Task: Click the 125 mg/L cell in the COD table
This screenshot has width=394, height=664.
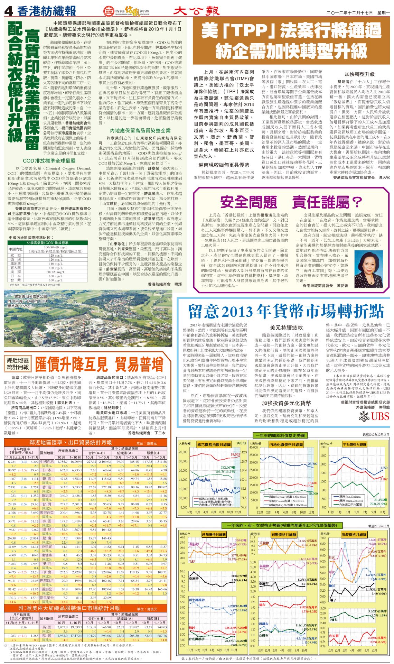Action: tap(56, 256)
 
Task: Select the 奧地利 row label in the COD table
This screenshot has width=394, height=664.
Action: tap(16, 264)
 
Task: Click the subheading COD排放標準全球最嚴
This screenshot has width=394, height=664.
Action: tap(49, 161)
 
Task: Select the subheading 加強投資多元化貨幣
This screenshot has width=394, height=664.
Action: tap(286, 403)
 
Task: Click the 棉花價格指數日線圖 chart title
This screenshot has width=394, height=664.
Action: tap(214, 444)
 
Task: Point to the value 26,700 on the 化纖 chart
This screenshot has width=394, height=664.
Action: tap(312, 464)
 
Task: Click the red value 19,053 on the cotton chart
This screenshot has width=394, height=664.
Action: tap(235, 454)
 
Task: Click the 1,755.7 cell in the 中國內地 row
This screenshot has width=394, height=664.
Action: tap(63, 462)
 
